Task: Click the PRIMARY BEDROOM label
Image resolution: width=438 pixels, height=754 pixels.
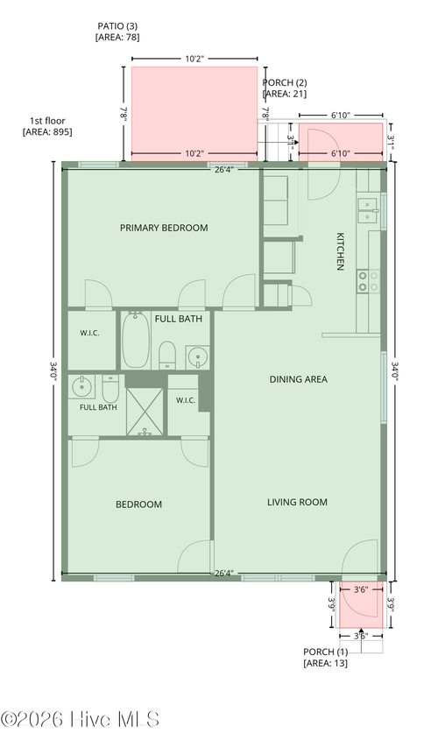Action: click(164, 228)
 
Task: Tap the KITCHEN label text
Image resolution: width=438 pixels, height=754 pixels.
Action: click(340, 251)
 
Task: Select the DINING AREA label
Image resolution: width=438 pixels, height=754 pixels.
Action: click(298, 379)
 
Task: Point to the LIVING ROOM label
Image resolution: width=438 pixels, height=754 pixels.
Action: click(297, 503)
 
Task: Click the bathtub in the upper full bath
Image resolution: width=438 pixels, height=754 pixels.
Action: click(136, 341)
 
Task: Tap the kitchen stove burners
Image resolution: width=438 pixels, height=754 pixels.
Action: click(368, 282)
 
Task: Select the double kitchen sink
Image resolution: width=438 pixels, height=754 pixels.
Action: click(368, 211)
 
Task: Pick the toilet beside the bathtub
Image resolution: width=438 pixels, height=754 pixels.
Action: click(166, 355)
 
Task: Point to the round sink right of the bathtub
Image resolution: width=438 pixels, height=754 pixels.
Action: click(198, 356)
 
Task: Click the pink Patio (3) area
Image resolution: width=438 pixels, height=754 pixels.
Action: click(194, 114)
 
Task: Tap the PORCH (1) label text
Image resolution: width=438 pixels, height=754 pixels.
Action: click(325, 652)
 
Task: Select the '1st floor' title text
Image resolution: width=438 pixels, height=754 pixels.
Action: click(47, 121)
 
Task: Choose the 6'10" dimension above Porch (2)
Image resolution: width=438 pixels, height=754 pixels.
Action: click(341, 116)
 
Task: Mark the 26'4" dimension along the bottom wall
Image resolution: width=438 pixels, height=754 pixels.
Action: click(224, 574)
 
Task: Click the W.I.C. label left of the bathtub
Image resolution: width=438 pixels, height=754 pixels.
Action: click(89, 333)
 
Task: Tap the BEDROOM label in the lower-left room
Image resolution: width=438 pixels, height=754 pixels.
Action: click(138, 504)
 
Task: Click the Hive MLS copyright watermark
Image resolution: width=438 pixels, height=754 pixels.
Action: click(81, 720)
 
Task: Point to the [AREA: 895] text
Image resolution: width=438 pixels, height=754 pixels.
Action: click(47, 131)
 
